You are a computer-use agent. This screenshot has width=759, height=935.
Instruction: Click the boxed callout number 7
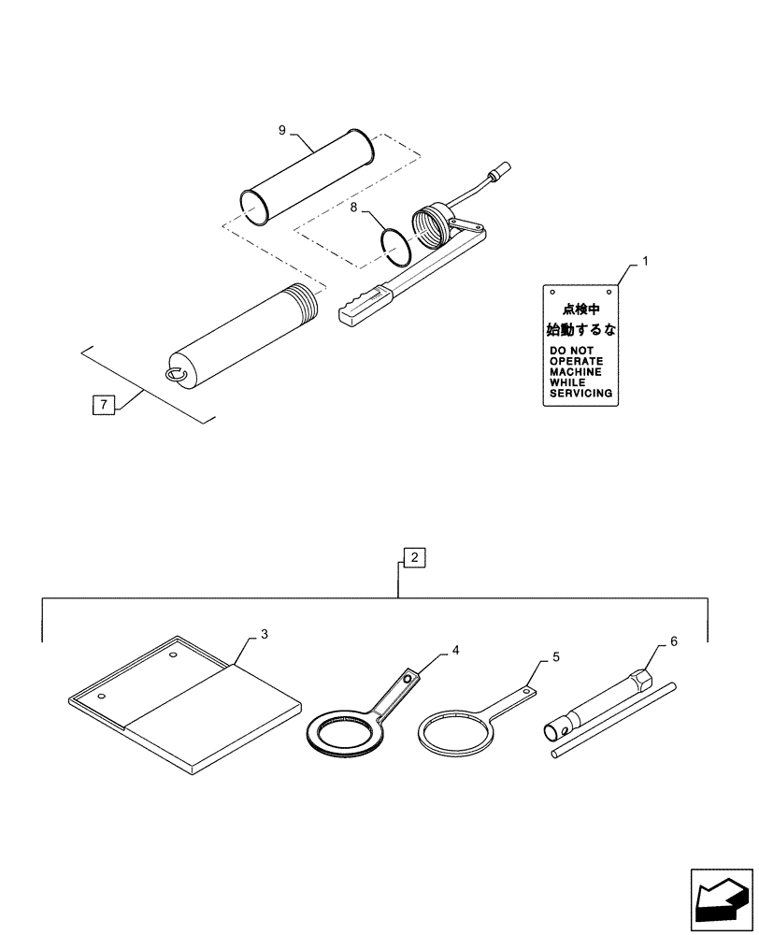click(x=103, y=405)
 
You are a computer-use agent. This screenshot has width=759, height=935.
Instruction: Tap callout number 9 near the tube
click(x=281, y=130)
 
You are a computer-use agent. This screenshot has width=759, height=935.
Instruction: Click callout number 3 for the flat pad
click(x=265, y=635)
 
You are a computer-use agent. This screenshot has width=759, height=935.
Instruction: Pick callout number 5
click(x=556, y=657)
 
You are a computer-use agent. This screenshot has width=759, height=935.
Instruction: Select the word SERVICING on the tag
click(x=581, y=394)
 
